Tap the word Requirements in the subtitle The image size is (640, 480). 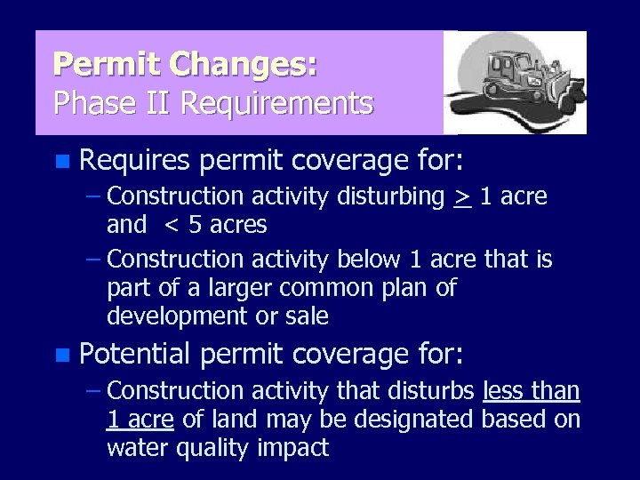tap(276, 104)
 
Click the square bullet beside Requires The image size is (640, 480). tap(60, 162)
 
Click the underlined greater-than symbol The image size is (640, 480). tap(461, 196)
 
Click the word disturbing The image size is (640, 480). tap(391, 196)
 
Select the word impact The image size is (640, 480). tap(294, 448)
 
